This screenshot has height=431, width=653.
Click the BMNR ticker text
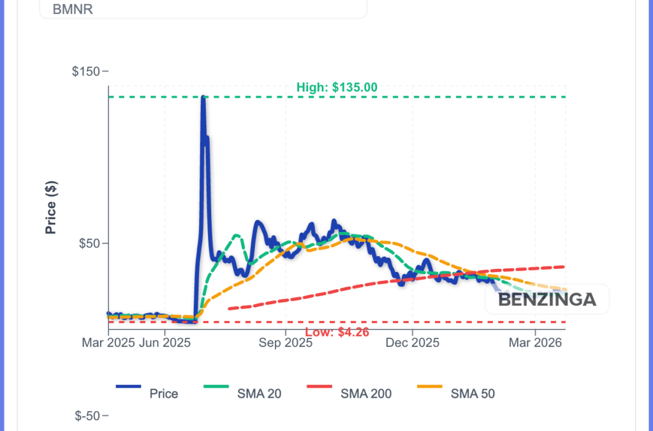[x=73, y=10]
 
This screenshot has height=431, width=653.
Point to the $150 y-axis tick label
[x=87, y=71]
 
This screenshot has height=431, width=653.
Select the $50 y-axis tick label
[x=91, y=243]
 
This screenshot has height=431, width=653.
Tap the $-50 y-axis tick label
[x=88, y=416]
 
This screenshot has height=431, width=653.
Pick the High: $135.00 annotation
[x=337, y=87]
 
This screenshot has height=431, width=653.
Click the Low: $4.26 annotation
[x=337, y=332]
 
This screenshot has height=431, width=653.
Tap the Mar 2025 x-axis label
[x=108, y=343]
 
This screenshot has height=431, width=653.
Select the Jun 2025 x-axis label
[x=165, y=343]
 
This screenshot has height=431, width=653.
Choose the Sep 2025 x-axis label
[x=286, y=343]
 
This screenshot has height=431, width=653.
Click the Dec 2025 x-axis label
[x=413, y=343]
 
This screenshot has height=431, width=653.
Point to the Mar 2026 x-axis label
[x=536, y=343]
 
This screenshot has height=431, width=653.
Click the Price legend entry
[x=163, y=393]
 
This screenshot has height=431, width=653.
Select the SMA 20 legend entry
[x=260, y=393]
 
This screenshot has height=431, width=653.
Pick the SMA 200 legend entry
[x=365, y=393]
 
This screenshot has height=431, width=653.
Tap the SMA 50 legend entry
[x=472, y=393]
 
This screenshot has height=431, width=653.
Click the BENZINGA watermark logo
[x=547, y=299]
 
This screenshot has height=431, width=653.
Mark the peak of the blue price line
[x=203, y=98]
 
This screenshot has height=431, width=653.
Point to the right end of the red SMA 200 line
[x=565, y=266]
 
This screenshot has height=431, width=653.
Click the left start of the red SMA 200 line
[x=229, y=309]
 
